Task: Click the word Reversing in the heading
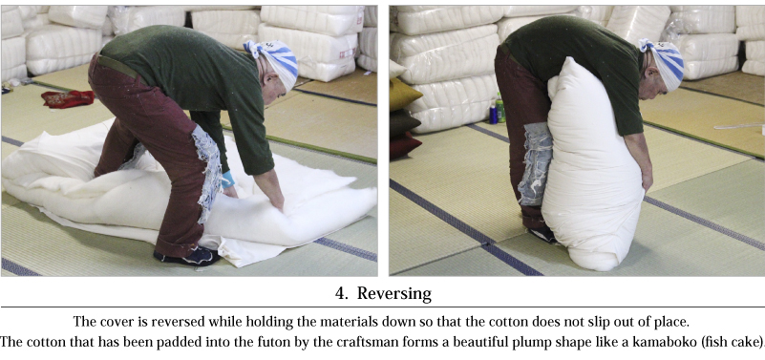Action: [394, 294]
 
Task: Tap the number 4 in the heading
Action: [340, 293]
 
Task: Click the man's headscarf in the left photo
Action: [273, 62]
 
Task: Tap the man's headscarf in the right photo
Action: [664, 62]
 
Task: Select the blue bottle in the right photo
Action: [493, 115]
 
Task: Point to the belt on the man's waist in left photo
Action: [117, 66]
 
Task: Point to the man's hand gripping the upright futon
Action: [647, 180]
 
